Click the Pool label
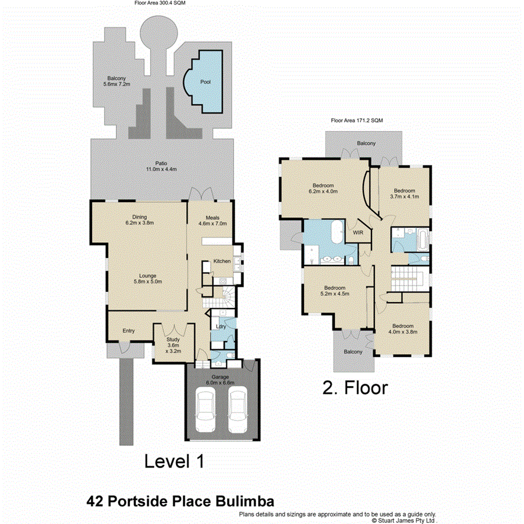click(205, 82)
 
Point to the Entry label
click(128, 331)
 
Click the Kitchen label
click(222, 261)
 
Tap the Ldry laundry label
click(221, 327)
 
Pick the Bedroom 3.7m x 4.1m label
click(403, 194)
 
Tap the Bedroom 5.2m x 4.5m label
click(335, 291)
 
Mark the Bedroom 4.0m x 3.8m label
click(403, 329)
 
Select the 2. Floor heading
click(355, 388)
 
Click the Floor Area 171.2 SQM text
click(357, 121)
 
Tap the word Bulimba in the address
click(240, 500)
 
